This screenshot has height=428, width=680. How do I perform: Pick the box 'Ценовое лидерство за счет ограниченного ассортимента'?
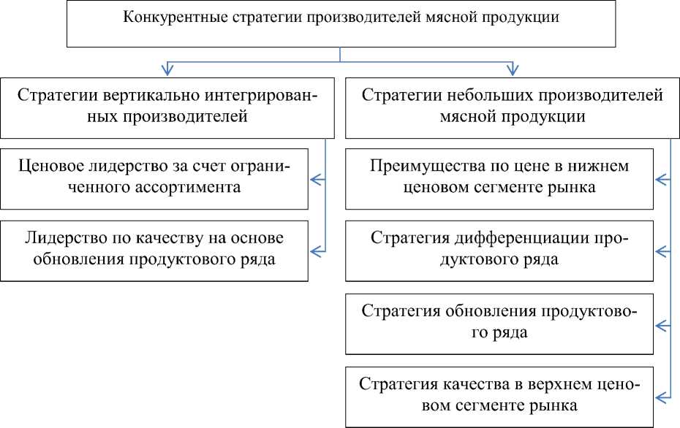(153, 177)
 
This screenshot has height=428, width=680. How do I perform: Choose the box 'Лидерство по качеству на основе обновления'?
(153, 250)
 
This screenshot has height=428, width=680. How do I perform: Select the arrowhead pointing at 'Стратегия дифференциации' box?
(660, 251)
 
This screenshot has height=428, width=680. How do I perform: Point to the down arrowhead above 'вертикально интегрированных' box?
(167, 71)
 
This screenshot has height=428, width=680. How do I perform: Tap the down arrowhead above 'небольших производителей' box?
(512, 71)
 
